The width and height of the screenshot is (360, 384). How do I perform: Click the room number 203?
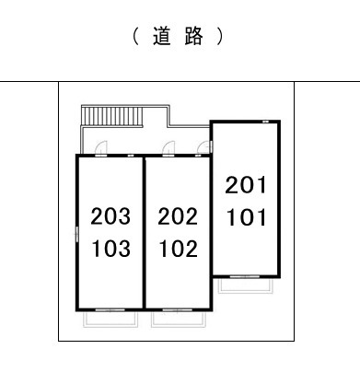tap(110, 217)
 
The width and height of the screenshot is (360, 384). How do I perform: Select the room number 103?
tap(110, 249)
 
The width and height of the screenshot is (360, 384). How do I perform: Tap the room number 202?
tap(178, 217)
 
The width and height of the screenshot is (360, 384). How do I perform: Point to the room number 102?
tap(178, 249)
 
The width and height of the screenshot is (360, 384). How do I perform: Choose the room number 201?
tap(246, 186)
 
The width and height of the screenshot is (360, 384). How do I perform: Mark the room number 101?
tap(246, 218)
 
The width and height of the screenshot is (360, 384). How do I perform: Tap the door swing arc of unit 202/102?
tap(169, 146)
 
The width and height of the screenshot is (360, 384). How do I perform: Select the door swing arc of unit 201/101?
tap(204, 146)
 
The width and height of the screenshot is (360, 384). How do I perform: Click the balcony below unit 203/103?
tap(110, 318)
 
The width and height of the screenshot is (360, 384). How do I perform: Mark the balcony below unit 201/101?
tap(243, 284)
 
